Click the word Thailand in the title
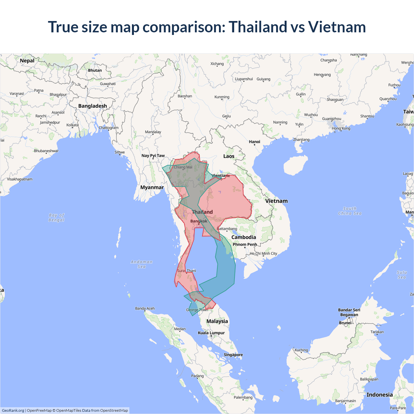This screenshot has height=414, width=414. tap(258, 27)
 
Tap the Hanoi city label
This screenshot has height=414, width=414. tap(255, 142)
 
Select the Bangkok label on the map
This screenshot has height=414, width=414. tap(199, 221)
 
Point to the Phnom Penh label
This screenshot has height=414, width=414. tap(245, 245)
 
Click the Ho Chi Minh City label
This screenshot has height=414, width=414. tap(263, 254)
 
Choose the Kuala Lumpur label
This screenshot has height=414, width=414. tap(211, 333)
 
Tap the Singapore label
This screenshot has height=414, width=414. tap(233, 355)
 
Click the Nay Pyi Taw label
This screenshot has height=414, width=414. tap(153, 156)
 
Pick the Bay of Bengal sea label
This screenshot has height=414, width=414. tap(57, 218)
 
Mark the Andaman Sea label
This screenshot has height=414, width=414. tap(142, 264)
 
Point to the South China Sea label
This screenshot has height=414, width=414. tap(350, 211)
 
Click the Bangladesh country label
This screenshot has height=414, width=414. tap(93, 106)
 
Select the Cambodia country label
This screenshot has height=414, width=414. tap(244, 237)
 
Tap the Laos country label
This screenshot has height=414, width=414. tap(229, 156)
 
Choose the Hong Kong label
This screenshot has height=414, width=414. tap(341, 128)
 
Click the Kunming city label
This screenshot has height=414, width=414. tap(222, 97)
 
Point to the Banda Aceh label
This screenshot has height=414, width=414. tap(145, 309)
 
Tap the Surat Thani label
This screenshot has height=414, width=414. tap(186, 271)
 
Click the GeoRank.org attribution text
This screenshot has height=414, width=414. tap(13, 410)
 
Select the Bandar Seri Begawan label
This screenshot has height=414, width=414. tap(349, 312)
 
